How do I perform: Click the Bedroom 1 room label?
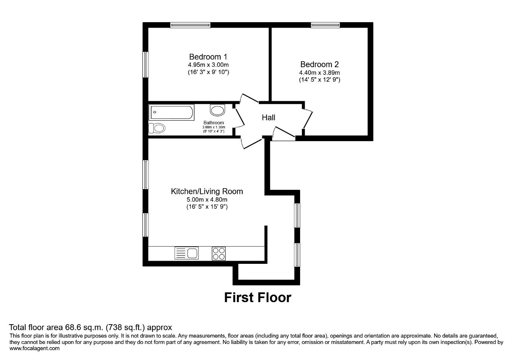[208, 57]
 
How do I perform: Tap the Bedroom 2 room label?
[319, 64]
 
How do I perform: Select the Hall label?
[268, 118]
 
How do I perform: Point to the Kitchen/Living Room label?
[207, 191]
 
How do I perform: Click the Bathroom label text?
[214, 123]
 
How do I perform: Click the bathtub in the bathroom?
[171, 112]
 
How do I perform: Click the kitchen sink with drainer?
[186, 253]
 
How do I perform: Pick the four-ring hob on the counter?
[218, 253]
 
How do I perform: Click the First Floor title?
[258, 298]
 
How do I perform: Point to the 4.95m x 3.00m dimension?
[208, 65]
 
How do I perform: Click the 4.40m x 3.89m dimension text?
[319, 73]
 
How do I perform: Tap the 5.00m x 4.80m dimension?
[207, 200]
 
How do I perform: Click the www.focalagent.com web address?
[35, 348]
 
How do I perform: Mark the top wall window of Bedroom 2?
[325, 25]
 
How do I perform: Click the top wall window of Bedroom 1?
[190, 25]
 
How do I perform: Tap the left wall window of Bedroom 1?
[146, 65]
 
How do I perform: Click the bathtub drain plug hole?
[155, 112]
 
